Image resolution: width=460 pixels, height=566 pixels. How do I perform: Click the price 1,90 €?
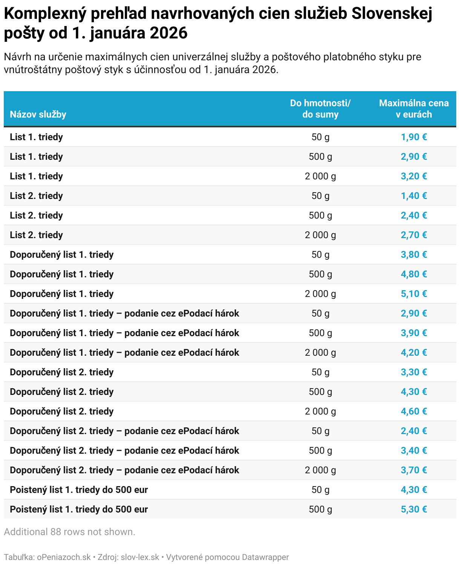coord(414,137)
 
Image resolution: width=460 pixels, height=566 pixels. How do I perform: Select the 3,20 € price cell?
coord(414,176)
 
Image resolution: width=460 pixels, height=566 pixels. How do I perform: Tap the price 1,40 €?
coord(414,196)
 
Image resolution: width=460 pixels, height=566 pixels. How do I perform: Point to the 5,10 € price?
coord(414,294)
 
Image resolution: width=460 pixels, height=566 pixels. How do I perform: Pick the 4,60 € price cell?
coord(414,411)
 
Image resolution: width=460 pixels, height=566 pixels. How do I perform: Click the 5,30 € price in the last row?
coord(414,509)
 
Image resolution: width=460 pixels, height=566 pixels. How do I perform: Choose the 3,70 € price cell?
coord(414,470)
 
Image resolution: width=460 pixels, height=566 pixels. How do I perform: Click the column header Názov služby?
coord(38,115)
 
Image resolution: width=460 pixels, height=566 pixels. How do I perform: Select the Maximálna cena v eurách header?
coord(414,109)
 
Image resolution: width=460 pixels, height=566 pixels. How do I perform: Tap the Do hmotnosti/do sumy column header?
coord(320,109)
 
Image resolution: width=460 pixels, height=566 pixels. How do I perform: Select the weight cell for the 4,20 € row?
coord(320,353)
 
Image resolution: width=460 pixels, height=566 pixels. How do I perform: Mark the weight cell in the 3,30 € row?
coord(320,372)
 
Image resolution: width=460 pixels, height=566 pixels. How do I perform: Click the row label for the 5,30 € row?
coord(79,509)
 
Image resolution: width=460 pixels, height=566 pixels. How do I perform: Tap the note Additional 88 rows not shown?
coord(69,532)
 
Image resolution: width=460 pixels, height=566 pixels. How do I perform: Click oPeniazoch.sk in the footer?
coord(64,557)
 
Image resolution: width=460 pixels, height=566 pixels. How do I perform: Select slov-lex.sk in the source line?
coord(140,557)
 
